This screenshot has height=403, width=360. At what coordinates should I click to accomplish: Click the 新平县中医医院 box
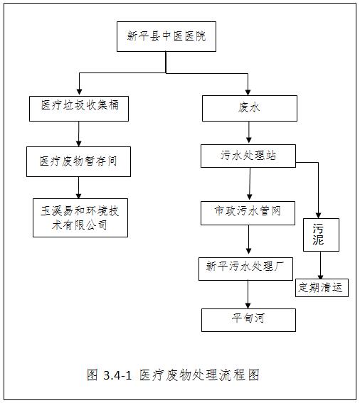(166, 36)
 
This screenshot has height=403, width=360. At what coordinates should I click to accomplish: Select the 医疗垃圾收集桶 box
(79, 109)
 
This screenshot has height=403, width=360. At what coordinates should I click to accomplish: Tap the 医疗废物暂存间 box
(78, 161)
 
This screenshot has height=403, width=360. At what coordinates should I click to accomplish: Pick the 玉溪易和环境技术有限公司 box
(80, 217)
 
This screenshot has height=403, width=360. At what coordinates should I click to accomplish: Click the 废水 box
(250, 108)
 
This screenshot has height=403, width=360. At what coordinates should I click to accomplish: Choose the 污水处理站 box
(248, 156)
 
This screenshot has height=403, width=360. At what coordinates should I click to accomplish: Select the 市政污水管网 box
(248, 213)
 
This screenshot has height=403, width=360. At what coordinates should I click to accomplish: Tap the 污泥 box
(321, 235)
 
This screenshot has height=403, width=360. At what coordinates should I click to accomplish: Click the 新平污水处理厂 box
(245, 269)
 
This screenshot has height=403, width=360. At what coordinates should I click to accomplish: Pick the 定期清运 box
(322, 288)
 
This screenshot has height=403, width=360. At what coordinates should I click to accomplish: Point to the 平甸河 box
(248, 320)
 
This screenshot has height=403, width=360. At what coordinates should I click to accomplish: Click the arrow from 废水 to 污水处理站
(248, 132)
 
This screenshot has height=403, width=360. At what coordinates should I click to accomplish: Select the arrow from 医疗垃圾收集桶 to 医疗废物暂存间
(79, 134)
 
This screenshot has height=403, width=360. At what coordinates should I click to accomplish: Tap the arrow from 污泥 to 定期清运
(320, 265)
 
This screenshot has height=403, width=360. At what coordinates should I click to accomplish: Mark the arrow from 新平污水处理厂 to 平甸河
(248, 294)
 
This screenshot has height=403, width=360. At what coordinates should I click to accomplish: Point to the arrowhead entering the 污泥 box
(318, 215)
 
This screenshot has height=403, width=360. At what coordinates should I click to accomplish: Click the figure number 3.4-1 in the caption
(117, 375)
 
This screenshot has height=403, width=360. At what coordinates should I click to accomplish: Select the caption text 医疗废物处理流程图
(199, 375)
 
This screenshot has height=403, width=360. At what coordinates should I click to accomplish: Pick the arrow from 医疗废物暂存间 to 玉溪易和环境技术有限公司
(79, 188)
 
